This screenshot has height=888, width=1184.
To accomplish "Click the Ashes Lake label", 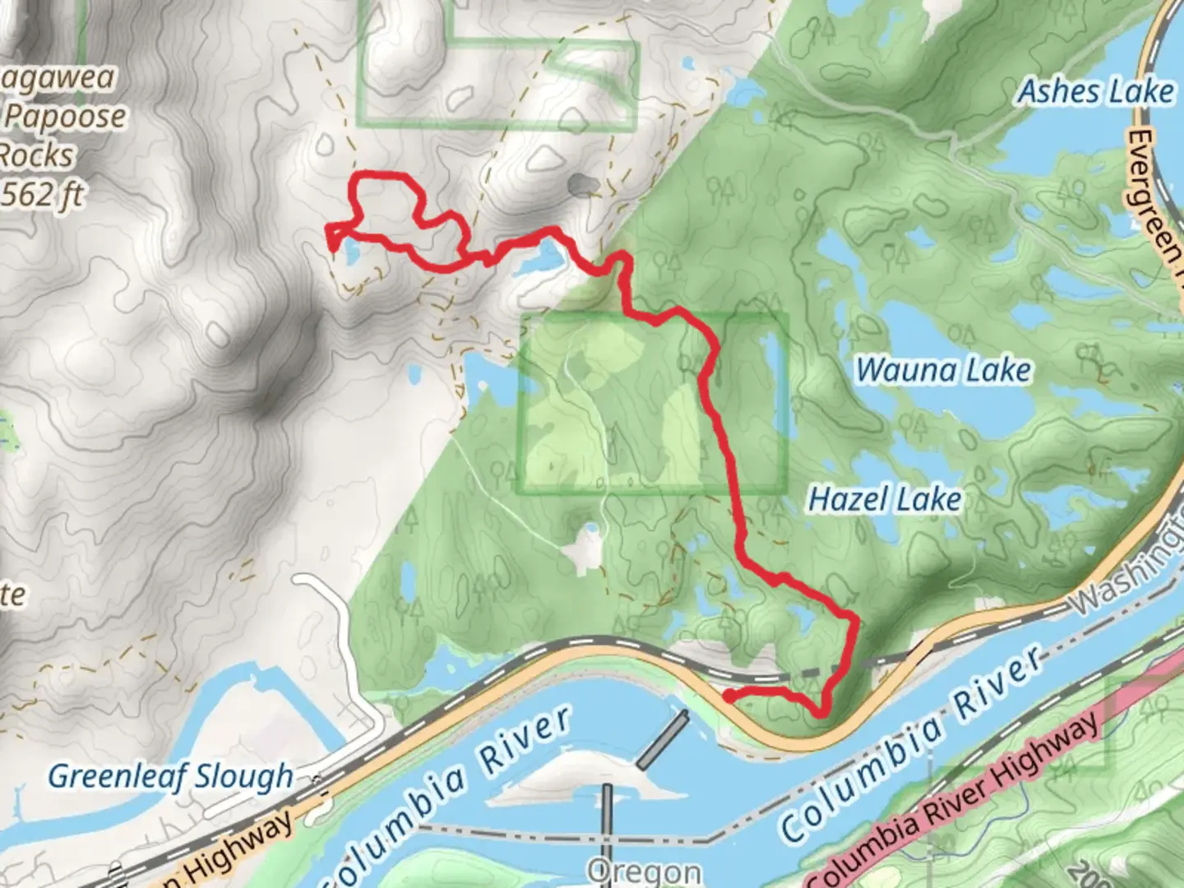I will [1096, 91].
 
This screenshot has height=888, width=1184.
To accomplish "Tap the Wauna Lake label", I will [943, 371].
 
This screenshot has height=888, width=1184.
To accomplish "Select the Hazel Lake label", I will [885, 499].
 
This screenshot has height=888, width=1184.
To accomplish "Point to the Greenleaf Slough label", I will [170, 776].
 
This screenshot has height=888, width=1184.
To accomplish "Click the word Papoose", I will [66, 117].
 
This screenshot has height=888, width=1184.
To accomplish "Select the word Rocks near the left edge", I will [37, 155].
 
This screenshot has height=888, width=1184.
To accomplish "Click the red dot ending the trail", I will [728, 697].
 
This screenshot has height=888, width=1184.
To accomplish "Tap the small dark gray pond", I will [583, 185].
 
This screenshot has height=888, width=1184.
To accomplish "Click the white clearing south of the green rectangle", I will [587, 546].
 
